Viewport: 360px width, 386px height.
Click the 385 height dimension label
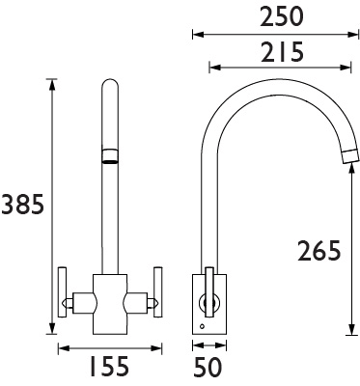point(22,205)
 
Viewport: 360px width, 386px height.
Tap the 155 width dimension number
point(108,366)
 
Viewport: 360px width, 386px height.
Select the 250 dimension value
point(282,17)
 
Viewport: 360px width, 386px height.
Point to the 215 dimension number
point(282,51)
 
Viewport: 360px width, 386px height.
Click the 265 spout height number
point(318,251)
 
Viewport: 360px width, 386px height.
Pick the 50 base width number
point(208,367)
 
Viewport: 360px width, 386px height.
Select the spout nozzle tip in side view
point(349,157)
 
